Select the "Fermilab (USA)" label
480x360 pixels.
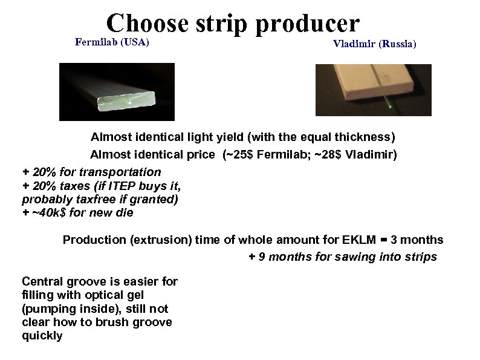point(112,42)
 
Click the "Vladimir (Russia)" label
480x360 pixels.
point(374,45)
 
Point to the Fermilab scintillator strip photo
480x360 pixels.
point(117,92)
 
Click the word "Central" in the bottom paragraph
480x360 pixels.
point(42,281)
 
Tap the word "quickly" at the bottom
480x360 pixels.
point(42,336)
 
